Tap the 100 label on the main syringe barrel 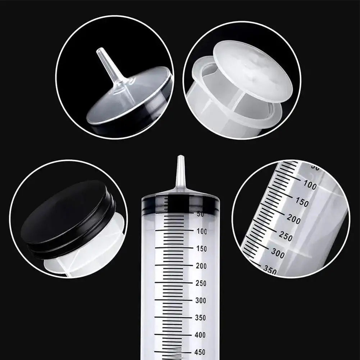(x=202, y=232)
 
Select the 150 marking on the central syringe (x=202, y=249)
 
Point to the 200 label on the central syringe (x=202, y=266)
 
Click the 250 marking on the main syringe (x=202, y=283)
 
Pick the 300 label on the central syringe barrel (x=202, y=301)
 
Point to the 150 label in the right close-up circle (x=301, y=202)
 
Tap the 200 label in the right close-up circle (x=293, y=219)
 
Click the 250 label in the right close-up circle (x=286, y=236)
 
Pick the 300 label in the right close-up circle (x=278, y=253)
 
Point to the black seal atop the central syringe (x=180, y=204)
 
